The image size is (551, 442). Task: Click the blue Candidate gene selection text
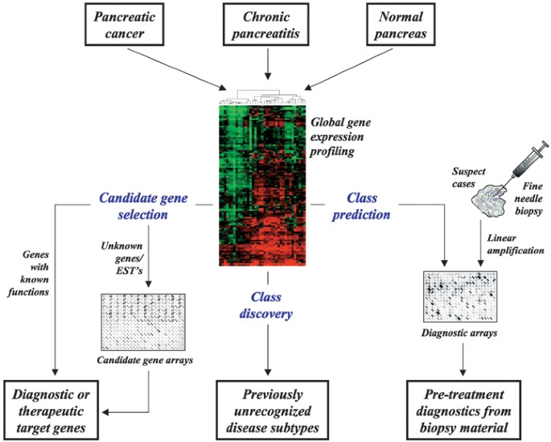pyautogui.click(x=146, y=204)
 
